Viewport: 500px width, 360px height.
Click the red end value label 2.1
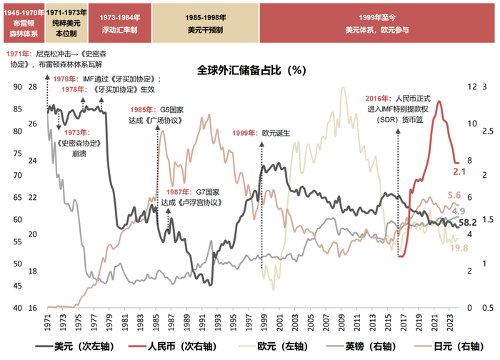pyautogui.click(x=459, y=172)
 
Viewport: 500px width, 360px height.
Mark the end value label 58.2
pyautogui.click(x=467, y=224)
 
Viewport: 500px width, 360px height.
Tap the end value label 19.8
pyautogui.click(x=459, y=248)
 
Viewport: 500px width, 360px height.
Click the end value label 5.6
pyautogui.click(x=454, y=196)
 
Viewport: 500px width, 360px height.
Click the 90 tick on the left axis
pyautogui.click(x=18, y=86)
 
